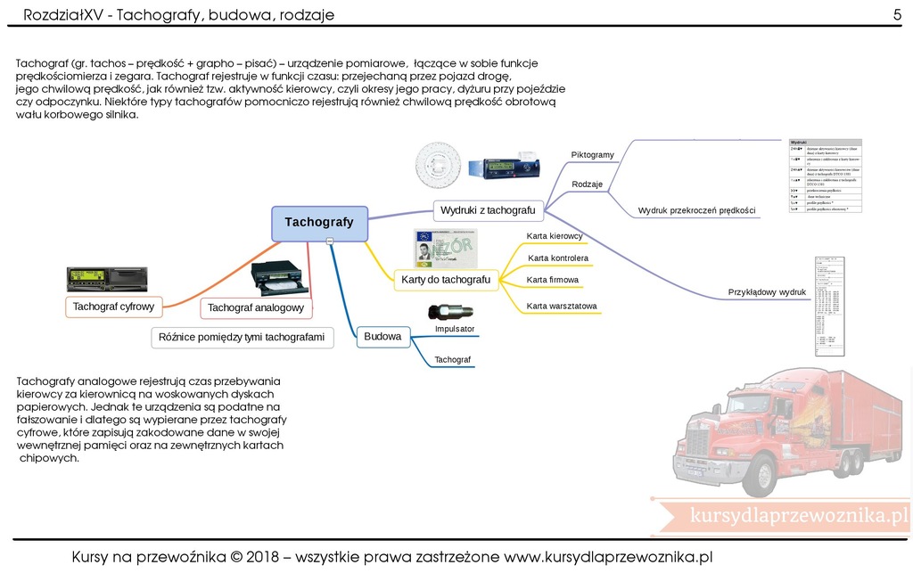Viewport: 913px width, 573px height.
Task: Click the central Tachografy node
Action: pyautogui.click(x=319, y=223)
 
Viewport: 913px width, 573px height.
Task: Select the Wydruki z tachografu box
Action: pyautogui.click(x=488, y=210)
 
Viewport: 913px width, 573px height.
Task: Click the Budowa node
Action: pyautogui.click(x=382, y=337)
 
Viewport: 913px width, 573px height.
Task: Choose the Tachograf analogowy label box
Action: pyautogui.click(x=256, y=308)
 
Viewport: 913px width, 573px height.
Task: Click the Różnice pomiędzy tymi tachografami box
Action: pyautogui.click(x=242, y=337)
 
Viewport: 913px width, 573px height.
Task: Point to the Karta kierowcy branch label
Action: pyautogui.click(x=555, y=236)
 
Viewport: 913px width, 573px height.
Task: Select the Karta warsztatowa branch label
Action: pyautogui.click(x=562, y=306)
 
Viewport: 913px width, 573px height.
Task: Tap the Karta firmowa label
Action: pyautogui.click(x=553, y=280)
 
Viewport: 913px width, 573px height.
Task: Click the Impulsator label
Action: pyautogui.click(x=455, y=329)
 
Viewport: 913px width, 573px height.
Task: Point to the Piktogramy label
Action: pyautogui.click(x=592, y=155)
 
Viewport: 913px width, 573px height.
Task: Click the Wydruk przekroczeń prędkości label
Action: pyautogui.click(x=696, y=210)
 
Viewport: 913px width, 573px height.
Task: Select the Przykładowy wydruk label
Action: pyautogui.click(x=767, y=292)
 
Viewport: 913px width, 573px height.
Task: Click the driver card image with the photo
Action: pyautogui.click(x=445, y=249)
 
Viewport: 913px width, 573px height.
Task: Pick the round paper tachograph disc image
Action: pyautogui.click(x=443, y=168)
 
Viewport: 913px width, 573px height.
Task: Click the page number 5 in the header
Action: pyautogui.click(x=897, y=13)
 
